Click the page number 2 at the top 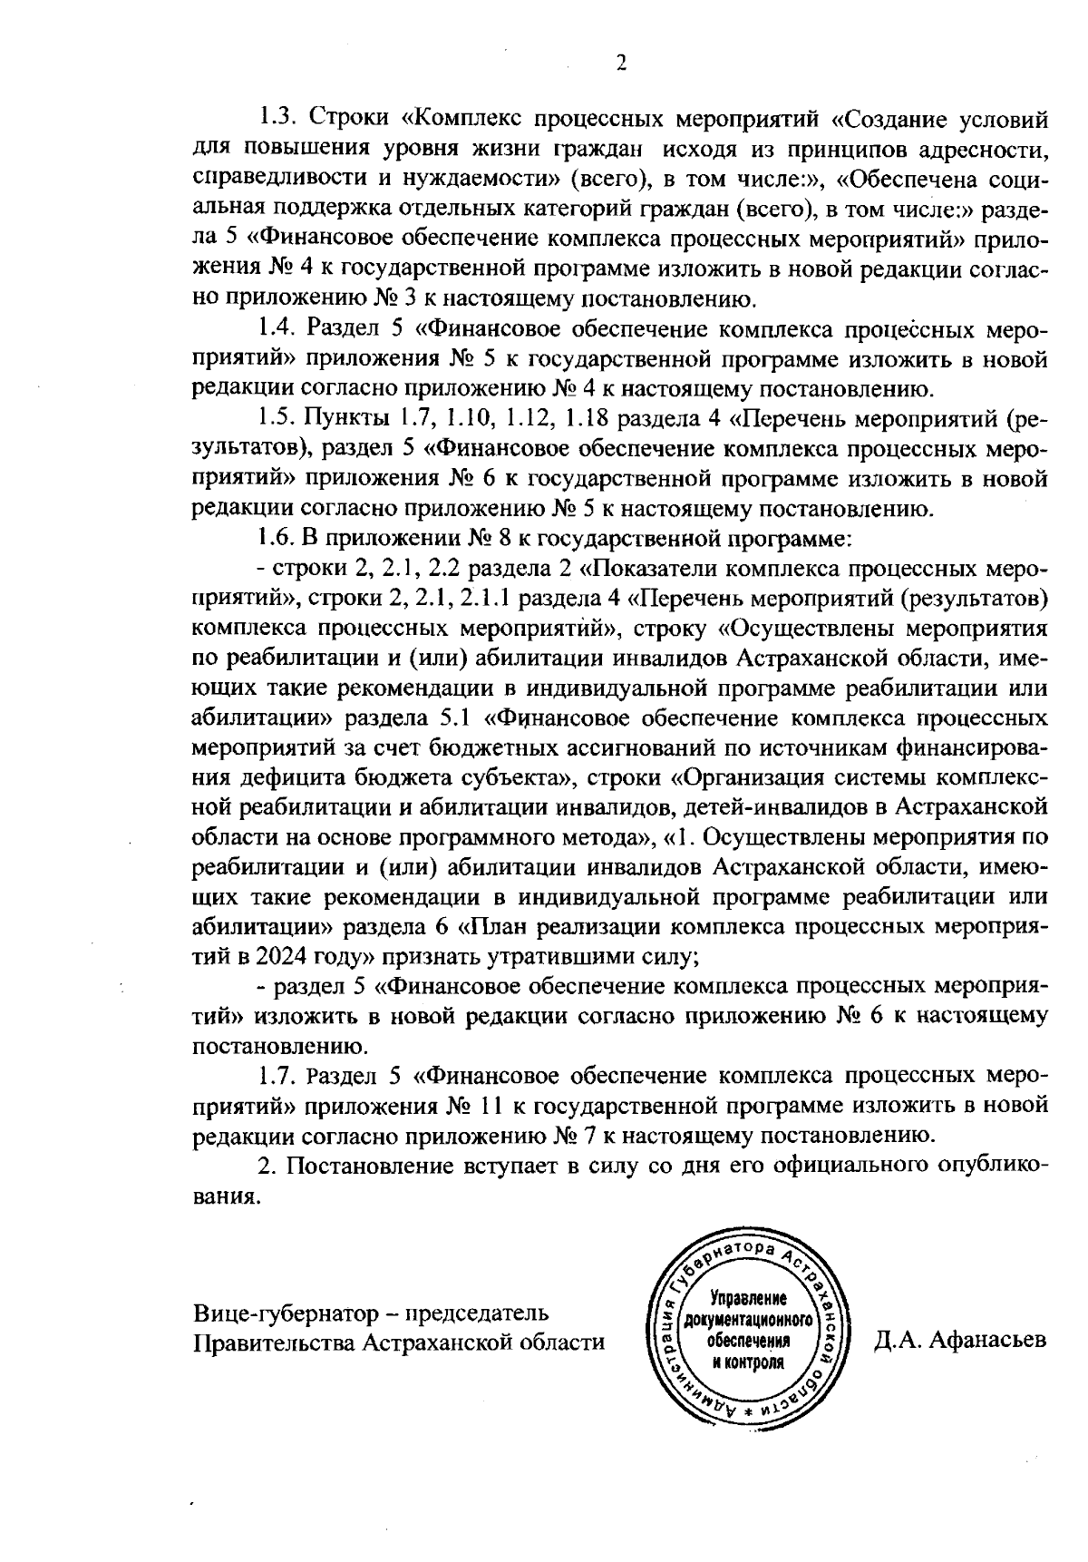620,63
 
